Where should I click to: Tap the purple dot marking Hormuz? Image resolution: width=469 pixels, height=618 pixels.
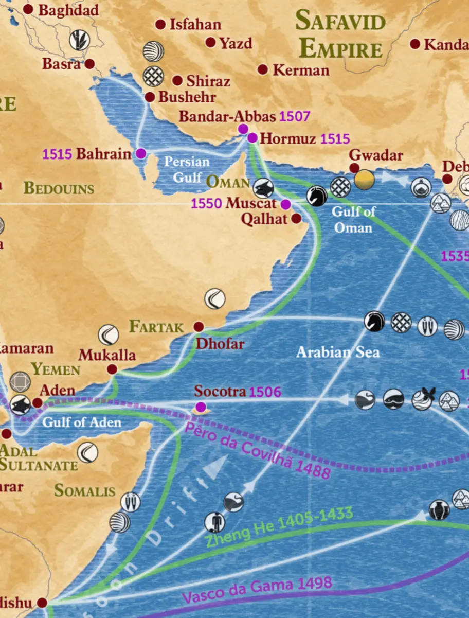click(x=252, y=138)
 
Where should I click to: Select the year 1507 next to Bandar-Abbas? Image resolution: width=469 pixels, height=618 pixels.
click(x=295, y=116)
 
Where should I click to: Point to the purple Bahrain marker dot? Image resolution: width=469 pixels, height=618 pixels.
click(x=140, y=153)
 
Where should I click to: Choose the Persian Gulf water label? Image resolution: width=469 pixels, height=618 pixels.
click(x=187, y=169)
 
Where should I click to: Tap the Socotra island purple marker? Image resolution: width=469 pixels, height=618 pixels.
click(x=201, y=408)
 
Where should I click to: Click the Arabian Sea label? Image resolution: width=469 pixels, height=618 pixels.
click(x=338, y=352)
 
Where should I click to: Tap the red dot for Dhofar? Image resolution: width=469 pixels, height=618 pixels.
click(x=199, y=327)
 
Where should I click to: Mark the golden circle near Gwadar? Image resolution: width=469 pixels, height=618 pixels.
click(x=364, y=180)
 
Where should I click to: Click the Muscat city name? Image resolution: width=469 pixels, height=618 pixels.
click(x=251, y=203)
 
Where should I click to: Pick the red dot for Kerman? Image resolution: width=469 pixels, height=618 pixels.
click(x=263, y=69)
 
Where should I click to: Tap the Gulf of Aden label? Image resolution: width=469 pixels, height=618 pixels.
click(x=82, y=422)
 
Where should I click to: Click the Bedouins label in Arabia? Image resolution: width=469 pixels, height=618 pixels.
click(x=59, y=188)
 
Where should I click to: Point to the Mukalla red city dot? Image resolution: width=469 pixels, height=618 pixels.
click(x=112, y=369)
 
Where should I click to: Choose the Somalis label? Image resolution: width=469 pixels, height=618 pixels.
click(x=85, y=490)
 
